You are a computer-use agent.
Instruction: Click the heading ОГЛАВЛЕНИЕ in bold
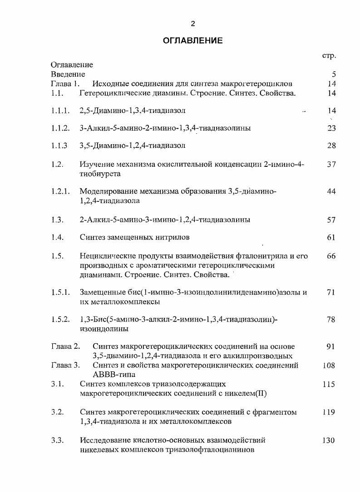click(192, 41)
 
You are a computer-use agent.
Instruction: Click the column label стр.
click(329, 55)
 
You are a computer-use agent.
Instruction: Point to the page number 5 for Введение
click(333, 74)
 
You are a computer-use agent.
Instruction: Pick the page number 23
click(331, 128)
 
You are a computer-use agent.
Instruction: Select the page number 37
click(331, 165)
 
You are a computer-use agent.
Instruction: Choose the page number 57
click(331, 220)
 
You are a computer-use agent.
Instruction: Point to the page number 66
click(331, 256)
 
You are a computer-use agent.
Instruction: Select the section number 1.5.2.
click(60, 320)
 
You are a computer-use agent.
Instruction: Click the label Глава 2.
click(65, 347)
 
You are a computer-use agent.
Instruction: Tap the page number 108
click(329, 365)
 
